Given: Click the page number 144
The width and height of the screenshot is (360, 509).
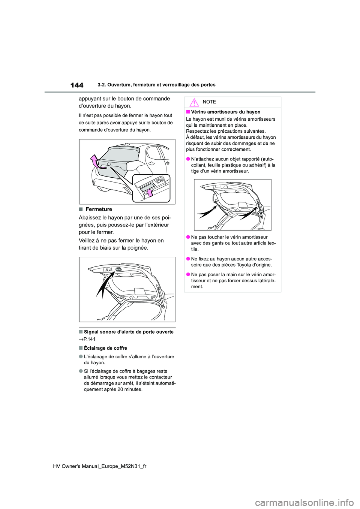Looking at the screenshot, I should pyautogui.click(x=76, y=85).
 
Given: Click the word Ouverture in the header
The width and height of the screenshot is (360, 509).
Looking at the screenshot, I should pyautogui.click(x=118, y=85).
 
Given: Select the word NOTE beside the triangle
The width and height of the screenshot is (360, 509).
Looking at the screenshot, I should pyautogui.click(x=209, y=102).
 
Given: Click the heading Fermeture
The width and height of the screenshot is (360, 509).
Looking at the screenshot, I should pyautogui.click(x=99, y=209).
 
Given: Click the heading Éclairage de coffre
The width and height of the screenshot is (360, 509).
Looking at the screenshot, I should pyautogui.click(x=105, y=348).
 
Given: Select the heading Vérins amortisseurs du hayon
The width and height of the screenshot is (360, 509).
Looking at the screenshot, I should pyautogui.click(x=226, y=112).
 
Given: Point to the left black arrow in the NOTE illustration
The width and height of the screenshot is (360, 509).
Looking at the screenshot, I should pyautogui.click(x=207, y=212).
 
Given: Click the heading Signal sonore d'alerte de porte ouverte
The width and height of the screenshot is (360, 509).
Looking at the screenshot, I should pyautogui.click(x=129, y=332).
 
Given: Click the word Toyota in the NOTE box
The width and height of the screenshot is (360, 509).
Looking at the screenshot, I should pyautogui.click(x=246, y=265).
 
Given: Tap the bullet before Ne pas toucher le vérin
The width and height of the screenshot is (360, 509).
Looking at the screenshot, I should pyautogui.click(x=188, y=237).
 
